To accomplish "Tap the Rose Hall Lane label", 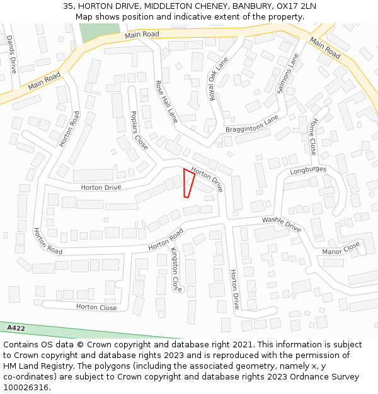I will [x=167, y=101].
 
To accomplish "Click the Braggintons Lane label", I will [x=251, y=125].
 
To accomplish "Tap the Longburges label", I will [x=308, y=170].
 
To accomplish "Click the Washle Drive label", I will [x=282, y=223].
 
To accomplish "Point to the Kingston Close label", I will [x=176, y=269].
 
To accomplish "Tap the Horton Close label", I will [x=96, y=307].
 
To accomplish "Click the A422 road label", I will [x=16, y=328].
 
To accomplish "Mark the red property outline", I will [x=188, y=183].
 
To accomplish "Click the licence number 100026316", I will [x=26, y=388].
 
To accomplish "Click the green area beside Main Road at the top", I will [x=91, y=32].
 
